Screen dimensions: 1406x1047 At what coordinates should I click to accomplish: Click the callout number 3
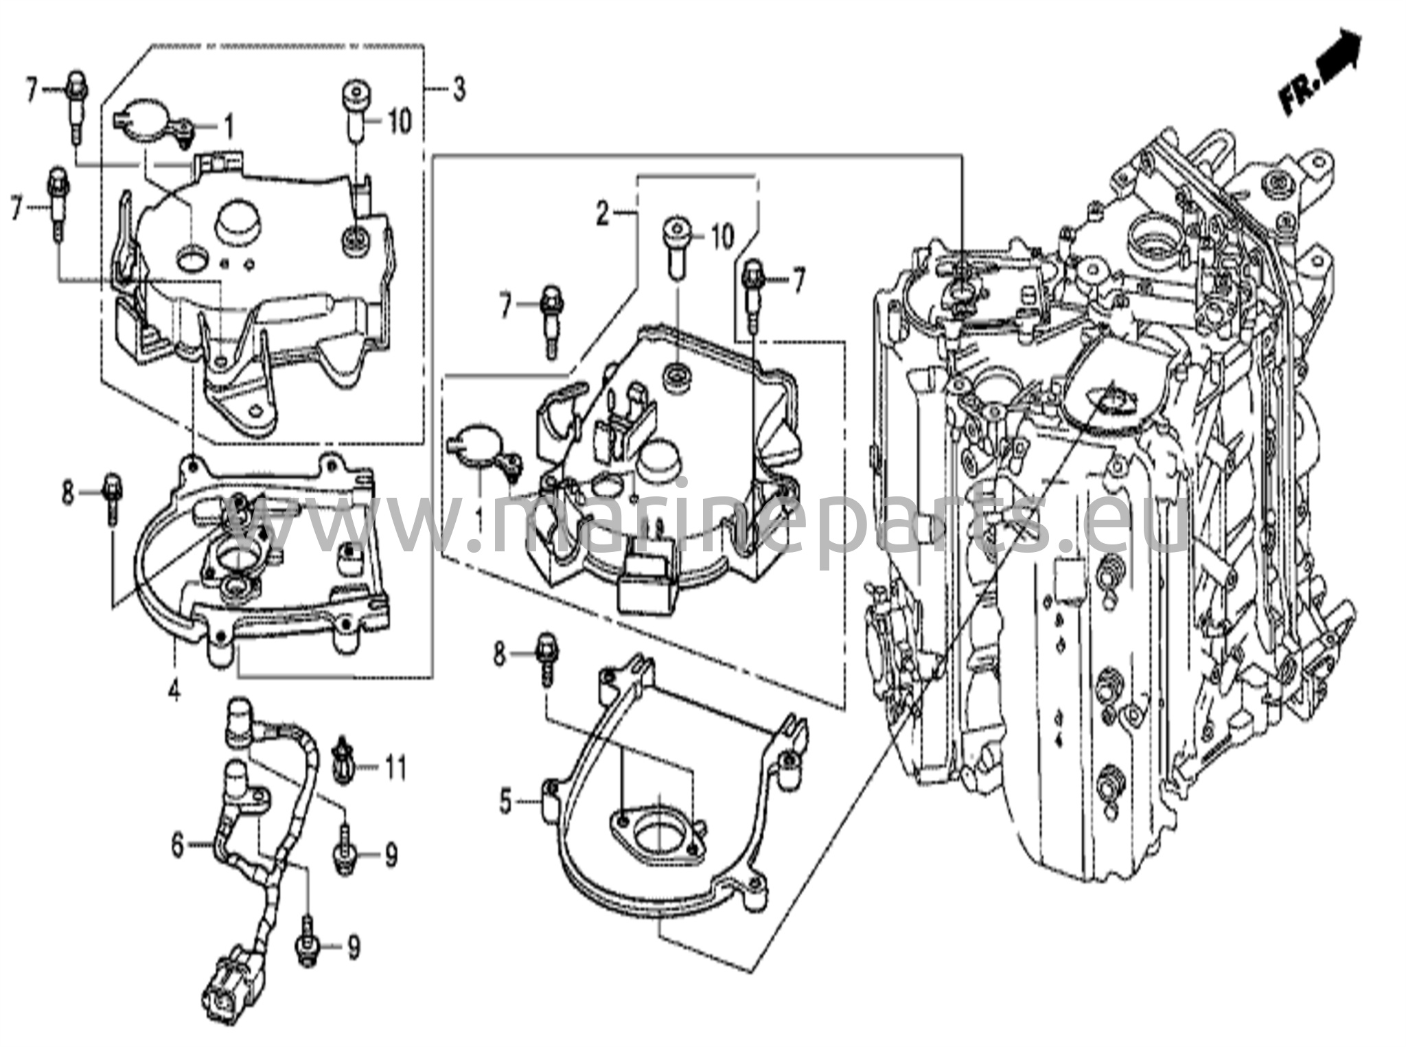(459, 89)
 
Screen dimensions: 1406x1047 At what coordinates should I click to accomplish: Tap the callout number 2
(603, 215)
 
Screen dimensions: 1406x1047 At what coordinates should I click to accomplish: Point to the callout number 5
(506, 802)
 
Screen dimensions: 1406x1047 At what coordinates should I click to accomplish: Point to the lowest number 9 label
(353, 948)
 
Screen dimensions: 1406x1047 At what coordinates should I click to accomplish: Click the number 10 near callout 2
(722, 237)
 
